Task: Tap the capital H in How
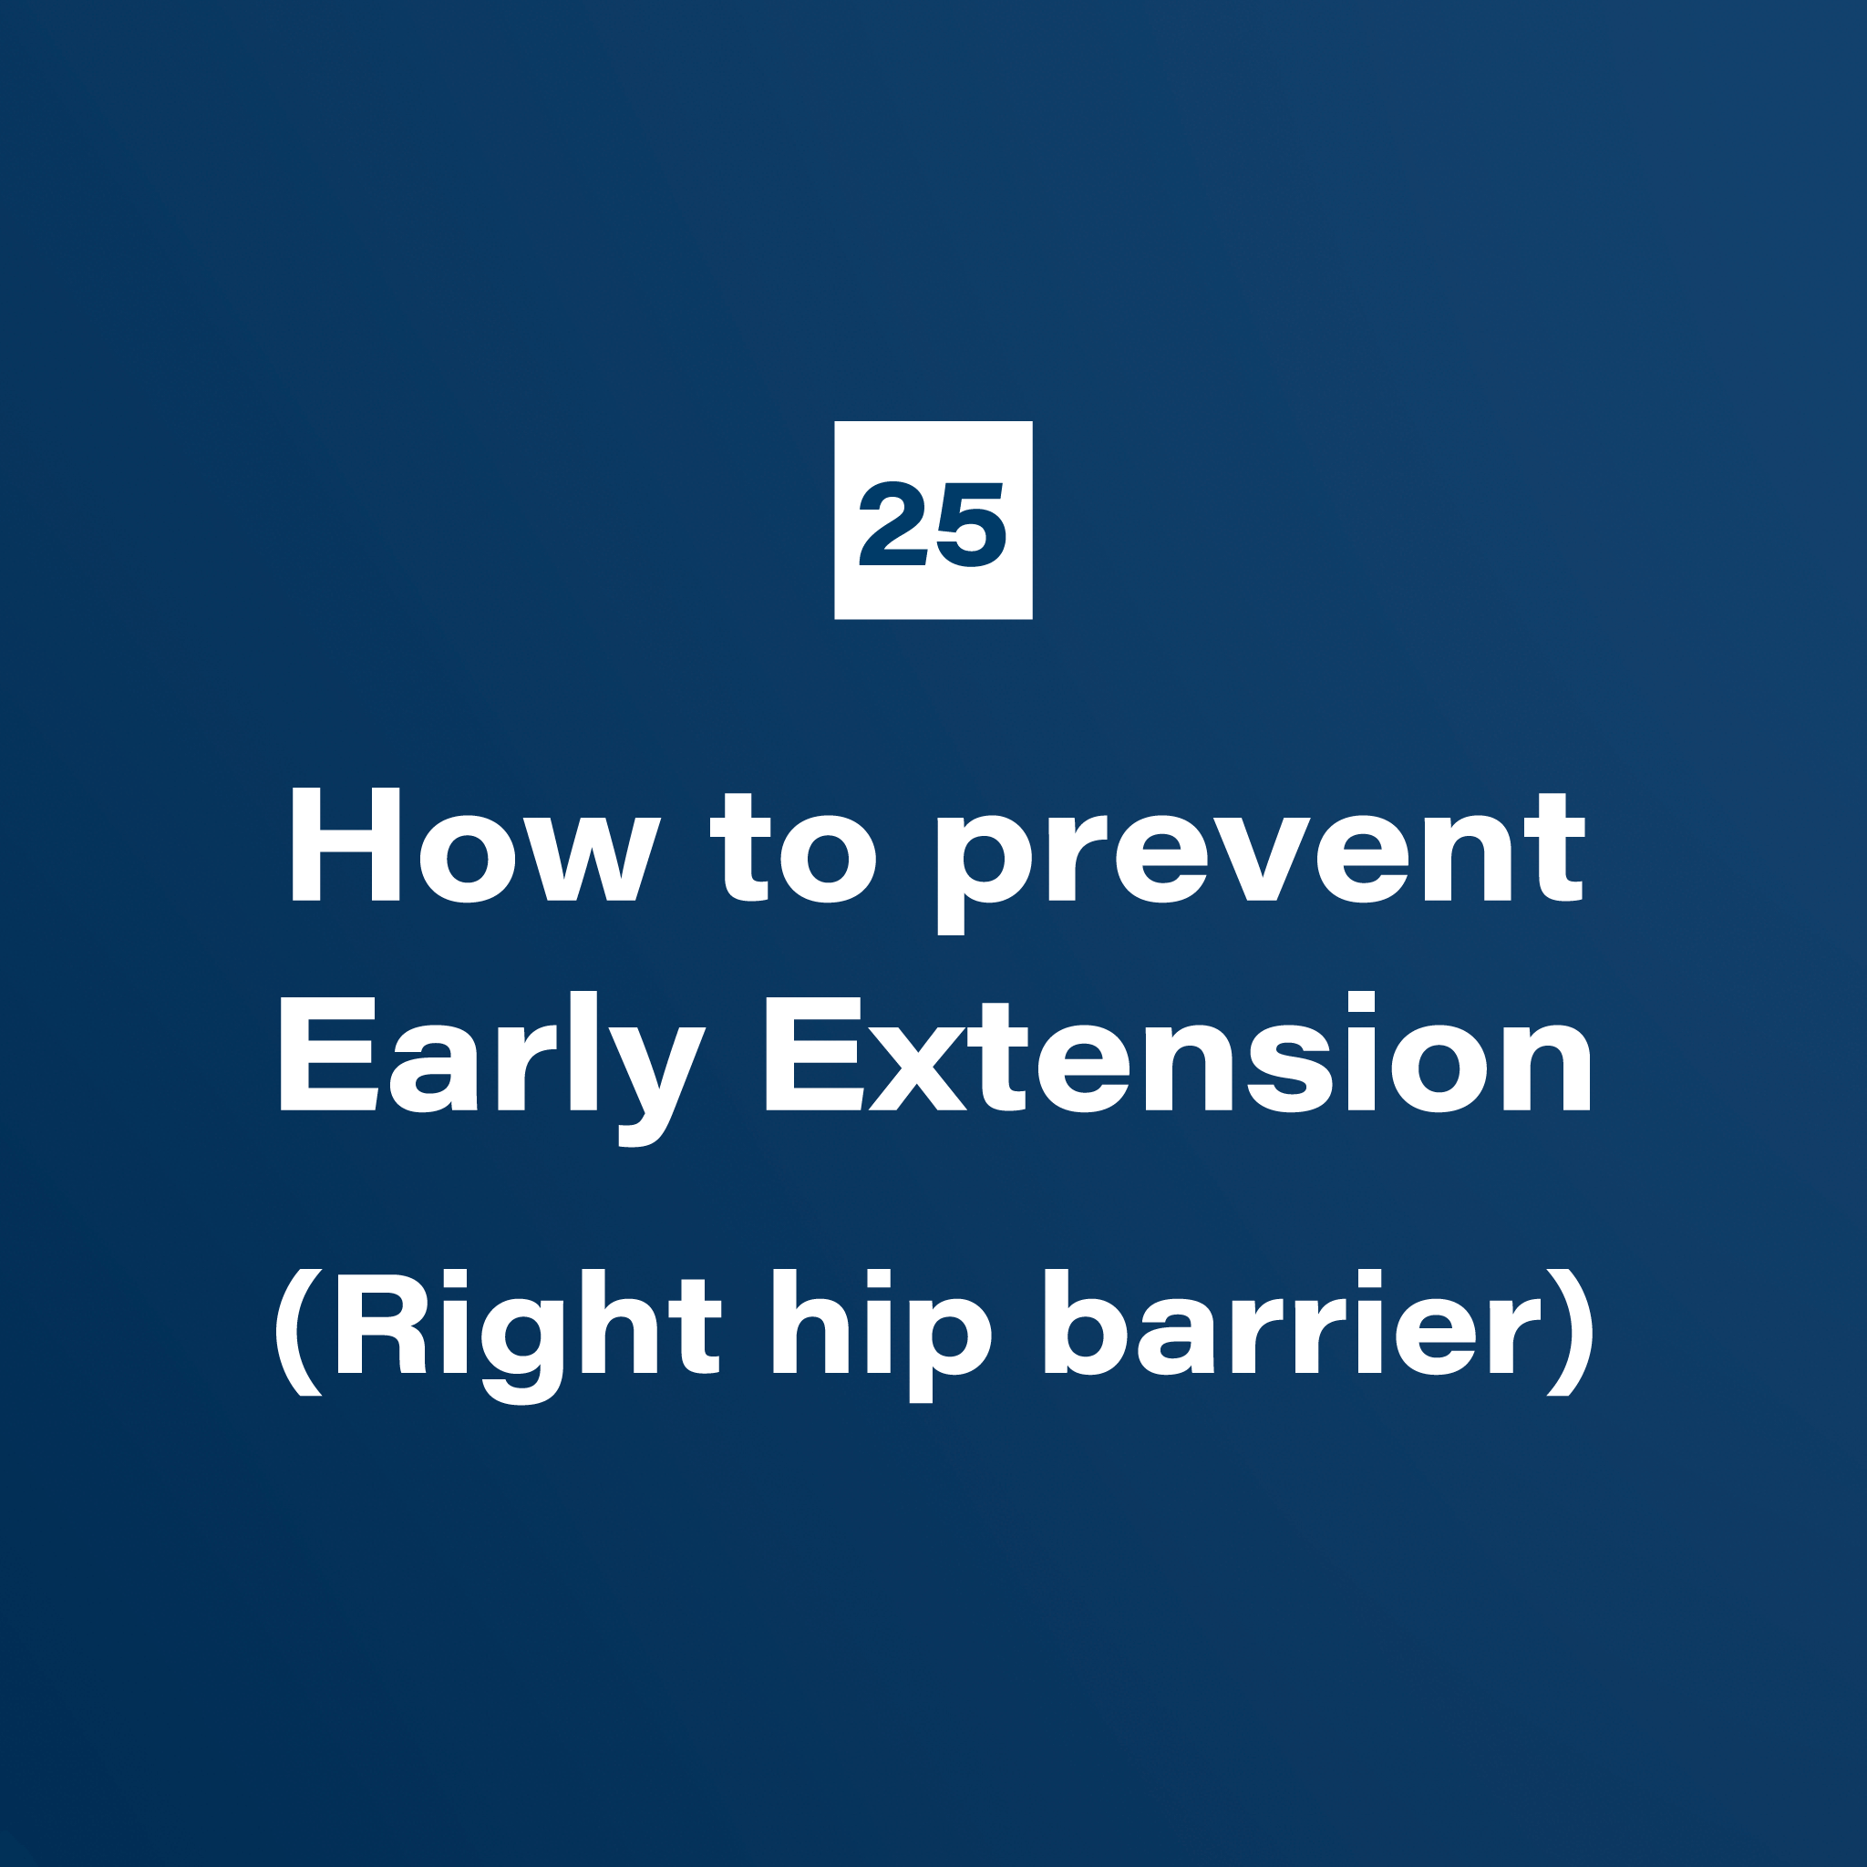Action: pos(346,844)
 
